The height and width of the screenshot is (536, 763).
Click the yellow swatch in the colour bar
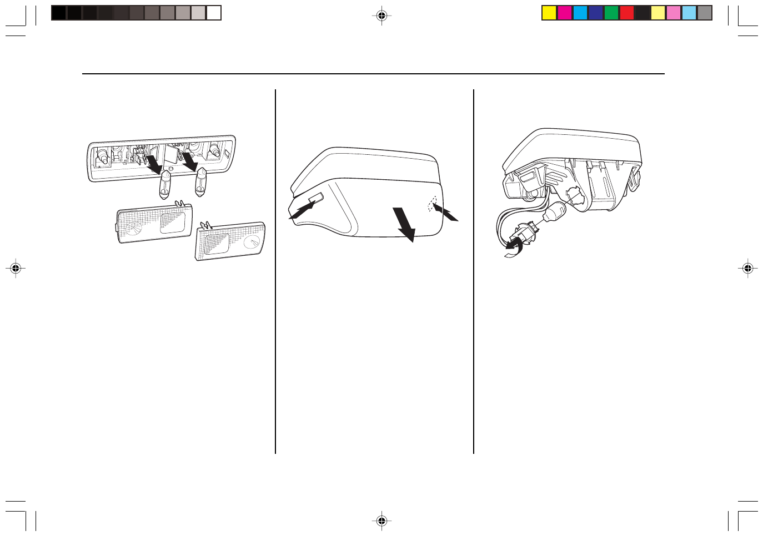coord(549,13)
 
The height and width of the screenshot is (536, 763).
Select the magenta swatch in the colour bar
coord(565,13)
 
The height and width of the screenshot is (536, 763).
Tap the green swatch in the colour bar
coord(611,13)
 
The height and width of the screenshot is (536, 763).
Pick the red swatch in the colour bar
coord(627,13)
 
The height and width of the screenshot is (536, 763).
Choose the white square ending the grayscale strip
coord(214,13)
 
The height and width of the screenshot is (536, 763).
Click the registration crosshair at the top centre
coord(381,16)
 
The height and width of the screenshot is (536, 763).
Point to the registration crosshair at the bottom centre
coord(381,520)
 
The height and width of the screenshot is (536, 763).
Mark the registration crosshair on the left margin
coord(16,269)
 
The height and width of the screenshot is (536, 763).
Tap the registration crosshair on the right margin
coord(747,269)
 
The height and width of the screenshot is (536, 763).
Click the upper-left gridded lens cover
coord(154,223)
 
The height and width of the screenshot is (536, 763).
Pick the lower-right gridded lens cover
coord(230,241)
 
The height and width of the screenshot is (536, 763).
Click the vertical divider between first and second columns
coord(275,272)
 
